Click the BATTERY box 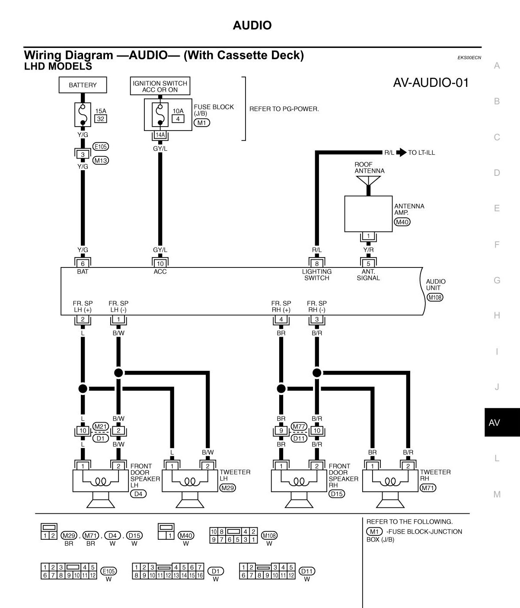[x=83, y=85]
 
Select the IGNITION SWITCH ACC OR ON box [x=160, y=86]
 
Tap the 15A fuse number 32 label [x=101, y=118]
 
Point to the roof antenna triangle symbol [x=369, y=180]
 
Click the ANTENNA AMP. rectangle [x=368, y=213]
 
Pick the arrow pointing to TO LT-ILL [x=402, y=153]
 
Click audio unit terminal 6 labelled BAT [x=83, y=263]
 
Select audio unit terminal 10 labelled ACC [x=160, y=263]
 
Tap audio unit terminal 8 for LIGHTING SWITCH [x=317, y=263]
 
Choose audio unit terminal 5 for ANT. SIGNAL [x=368, y=263]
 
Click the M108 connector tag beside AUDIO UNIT [x=435, y=297]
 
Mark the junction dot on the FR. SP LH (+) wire [x=83, y=388]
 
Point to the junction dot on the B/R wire [x=317, y=372]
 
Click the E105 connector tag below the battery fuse [x=101, y=146]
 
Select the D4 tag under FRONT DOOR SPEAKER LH [x=138, y=493]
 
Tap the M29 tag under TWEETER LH [x=227, y=488]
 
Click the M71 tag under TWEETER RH [x=428, y=488]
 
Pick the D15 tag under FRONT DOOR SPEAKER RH [x=336, y=493]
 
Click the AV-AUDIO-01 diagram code [x=431, y=83]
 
